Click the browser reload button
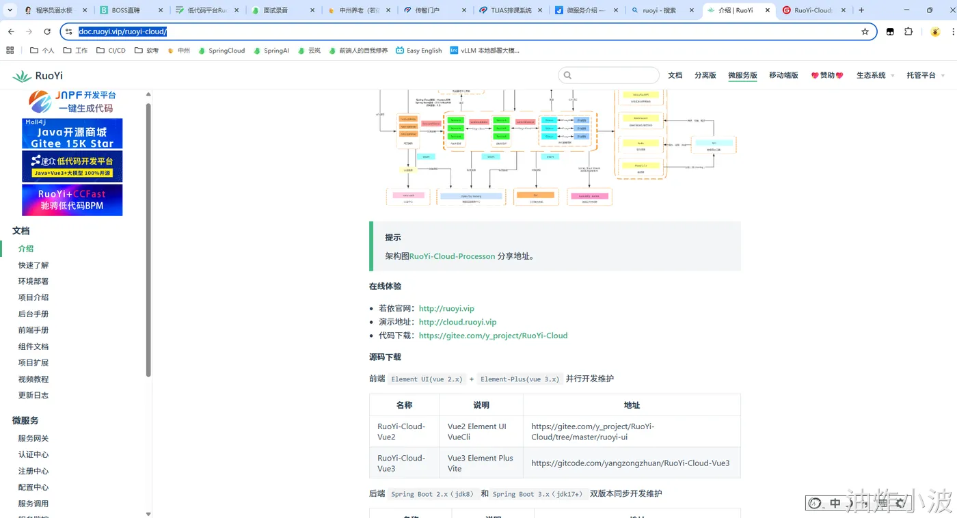tap(47, 31)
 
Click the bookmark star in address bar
tap(865, 31)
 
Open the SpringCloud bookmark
tap(221, 51)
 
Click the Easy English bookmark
tap(419, 51)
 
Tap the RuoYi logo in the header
tap(38, 76)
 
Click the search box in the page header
tap(609, 75)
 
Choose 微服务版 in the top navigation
tap(742, 75)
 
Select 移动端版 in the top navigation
tap(783, 75)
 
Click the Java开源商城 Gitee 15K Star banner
tap(72, 133)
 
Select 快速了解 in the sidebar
tap(33, 265)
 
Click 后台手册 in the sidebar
tap(33, 314)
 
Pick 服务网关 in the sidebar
tap(33, 438)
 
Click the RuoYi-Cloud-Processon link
tap(452, 256)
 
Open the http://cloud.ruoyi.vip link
tap(457, 322)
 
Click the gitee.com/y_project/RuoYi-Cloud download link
tap(493, 336)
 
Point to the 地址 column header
tap(632, 405)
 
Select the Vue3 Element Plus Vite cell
tap(481, 463)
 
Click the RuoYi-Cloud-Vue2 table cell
tap(401, 431)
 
